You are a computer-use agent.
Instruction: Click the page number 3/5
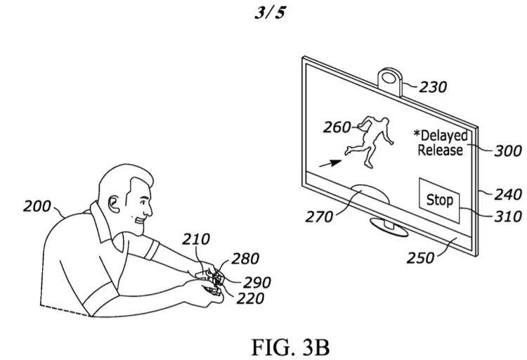(x=263, y=13)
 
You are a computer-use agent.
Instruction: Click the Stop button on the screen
(x=440, y=200)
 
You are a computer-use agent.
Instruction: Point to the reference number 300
(x=507, y=150)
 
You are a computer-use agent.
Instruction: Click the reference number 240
(x=508, y=194)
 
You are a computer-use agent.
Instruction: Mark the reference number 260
(x=337, y=127)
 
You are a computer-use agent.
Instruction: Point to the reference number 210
(x=196, y=240)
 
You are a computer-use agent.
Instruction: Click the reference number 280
(x=245, y=259)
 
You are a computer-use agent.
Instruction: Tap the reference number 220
(x=250, y=298)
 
